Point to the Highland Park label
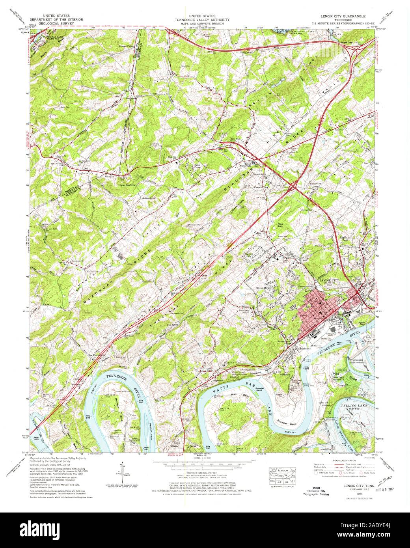pos(345,239)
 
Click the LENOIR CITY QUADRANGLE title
pos(341,17)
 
